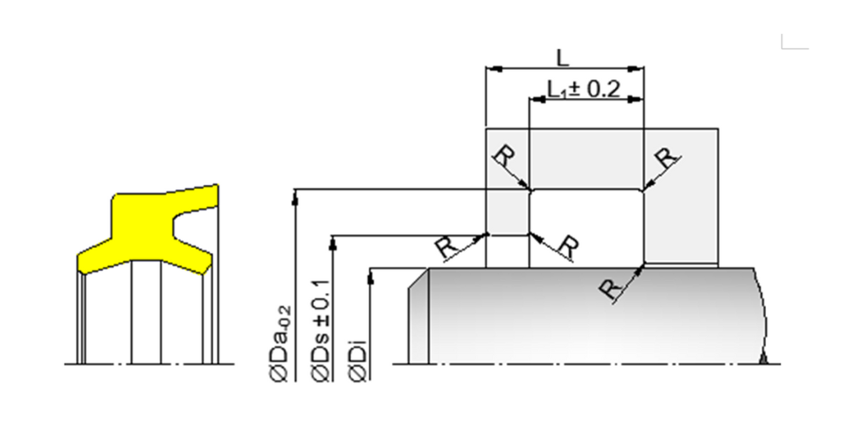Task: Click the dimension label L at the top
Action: pyautogui.click(x=563, y=58)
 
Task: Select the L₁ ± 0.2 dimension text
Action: pyautogui.click(x=584, y=89)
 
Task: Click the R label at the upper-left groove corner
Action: pyautogui.click(x=504, y=157)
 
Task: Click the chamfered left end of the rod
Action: pyautogui.click(x=418, y=316)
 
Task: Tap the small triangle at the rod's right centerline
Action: pyautogui.click(x=763, y=359)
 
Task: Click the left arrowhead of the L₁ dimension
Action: pyautogui.click(x=538, y=100)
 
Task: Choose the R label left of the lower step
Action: pyautogui.click(x=447, y=248)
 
